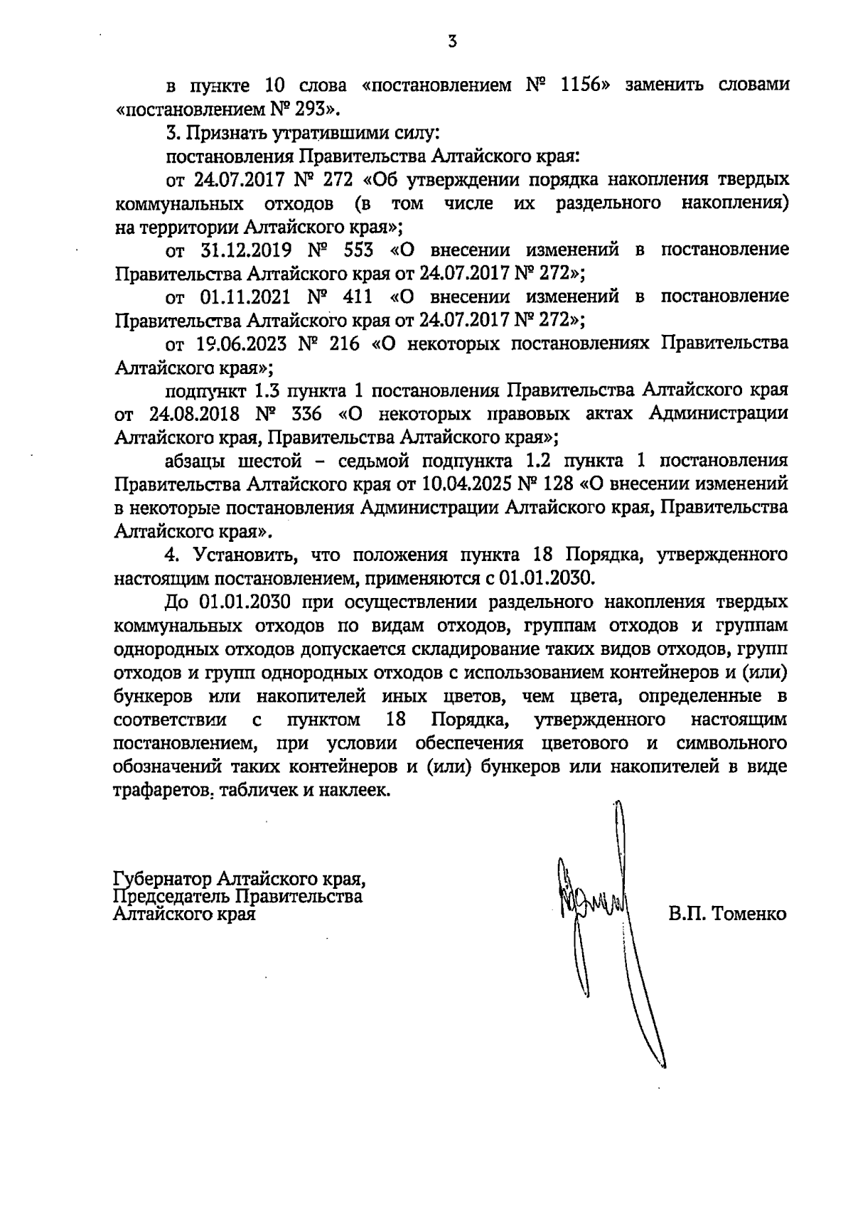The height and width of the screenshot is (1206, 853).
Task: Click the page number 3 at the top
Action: [452, 42]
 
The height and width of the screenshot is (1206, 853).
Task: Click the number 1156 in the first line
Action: [585, 86]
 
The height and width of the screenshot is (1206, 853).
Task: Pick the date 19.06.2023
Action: [240, 343]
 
